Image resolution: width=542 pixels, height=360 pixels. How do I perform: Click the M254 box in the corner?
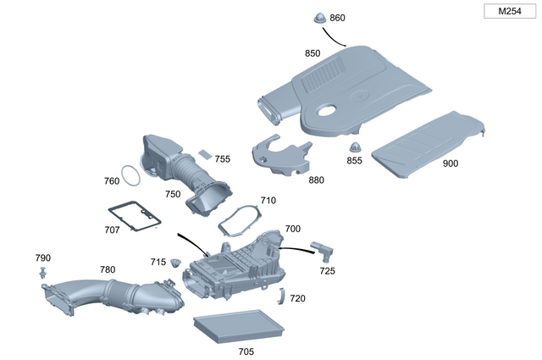tap(509, 11)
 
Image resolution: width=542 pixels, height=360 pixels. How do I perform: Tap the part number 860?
tap(337, 18)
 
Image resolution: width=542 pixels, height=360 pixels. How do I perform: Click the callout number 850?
tap(312, 53)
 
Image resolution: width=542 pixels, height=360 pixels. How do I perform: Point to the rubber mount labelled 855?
tap(355, 148)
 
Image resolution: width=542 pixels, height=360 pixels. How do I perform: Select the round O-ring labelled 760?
tap(130, 175)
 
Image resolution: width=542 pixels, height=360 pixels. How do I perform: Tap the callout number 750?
tap(173, 194)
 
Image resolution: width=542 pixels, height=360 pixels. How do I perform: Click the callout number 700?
tap(292, 229)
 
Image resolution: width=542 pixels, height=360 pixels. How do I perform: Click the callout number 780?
tap(108, 269)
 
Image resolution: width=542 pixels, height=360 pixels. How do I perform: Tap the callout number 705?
tap(246, 351)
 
